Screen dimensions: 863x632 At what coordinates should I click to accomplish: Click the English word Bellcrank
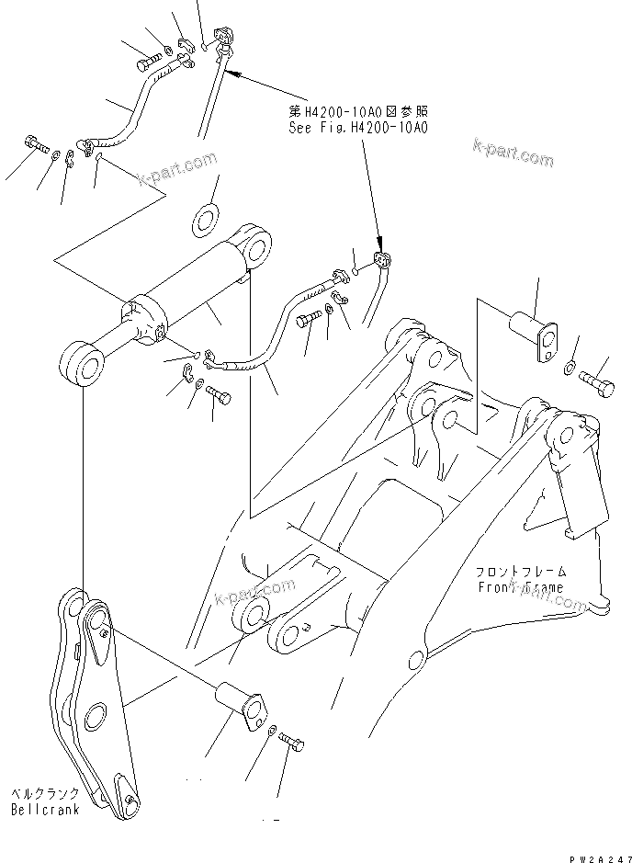click(44, 810)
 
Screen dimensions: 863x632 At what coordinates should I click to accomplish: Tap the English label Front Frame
click(520, 586)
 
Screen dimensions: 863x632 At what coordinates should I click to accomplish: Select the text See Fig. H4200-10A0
click(356, 128)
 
